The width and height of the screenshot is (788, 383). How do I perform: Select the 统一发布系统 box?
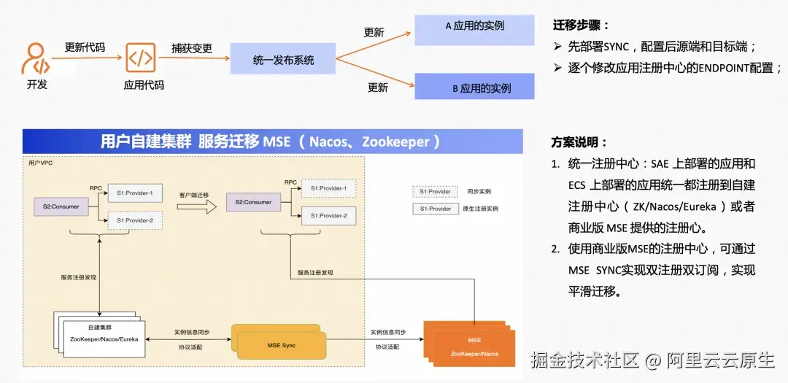pyautogui.click(x=283, y=59)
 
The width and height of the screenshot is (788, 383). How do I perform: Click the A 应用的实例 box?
pyautogui.click(x=474, y=26)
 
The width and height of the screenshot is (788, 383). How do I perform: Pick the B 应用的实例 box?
pyautogui.click(x=474, y=88)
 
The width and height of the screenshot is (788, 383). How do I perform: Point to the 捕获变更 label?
pyautogui.click(x=192, y=48)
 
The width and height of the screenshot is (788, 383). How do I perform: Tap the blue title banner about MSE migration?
pyautogui.click(x=272, y=141)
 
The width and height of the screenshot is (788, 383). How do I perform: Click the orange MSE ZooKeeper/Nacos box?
pyautogui.click(x=474, y=347)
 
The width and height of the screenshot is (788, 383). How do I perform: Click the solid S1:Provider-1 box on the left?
pyautogui.click(x=134, y=193)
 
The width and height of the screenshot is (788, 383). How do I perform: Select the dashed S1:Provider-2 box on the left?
pyautogui.click(x=134, y=220)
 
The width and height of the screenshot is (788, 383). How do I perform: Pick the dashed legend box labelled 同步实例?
pyautogui.click(x=436, y=191)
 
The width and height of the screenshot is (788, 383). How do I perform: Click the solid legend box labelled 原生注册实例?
pyautogui.click(x=436, y=209)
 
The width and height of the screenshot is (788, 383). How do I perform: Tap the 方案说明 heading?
pyautogui.click(x=579, y=142)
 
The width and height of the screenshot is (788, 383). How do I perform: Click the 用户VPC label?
pyautogui.click(x=40, y=163)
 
